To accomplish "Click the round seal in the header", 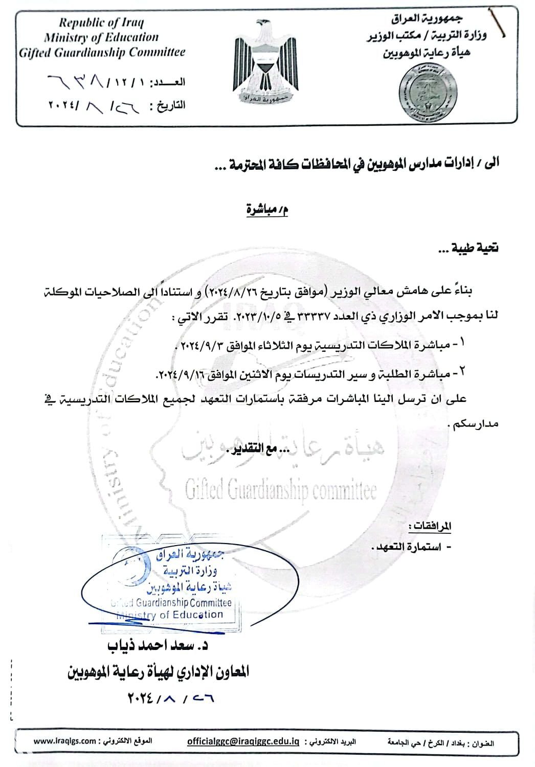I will click(x=422, y=92).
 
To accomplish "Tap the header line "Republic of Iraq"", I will click(x=101, y=22).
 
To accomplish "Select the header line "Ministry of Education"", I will click(x=101, y=37).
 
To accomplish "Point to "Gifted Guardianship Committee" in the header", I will click(x=102, y=52).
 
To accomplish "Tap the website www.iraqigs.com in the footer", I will click(x=65, y=741).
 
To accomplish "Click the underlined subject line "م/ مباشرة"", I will click(x=267, y=210).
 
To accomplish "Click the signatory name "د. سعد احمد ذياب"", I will click(x=158, y=646).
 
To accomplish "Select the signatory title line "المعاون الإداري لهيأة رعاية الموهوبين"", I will click(x=158, y=671).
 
